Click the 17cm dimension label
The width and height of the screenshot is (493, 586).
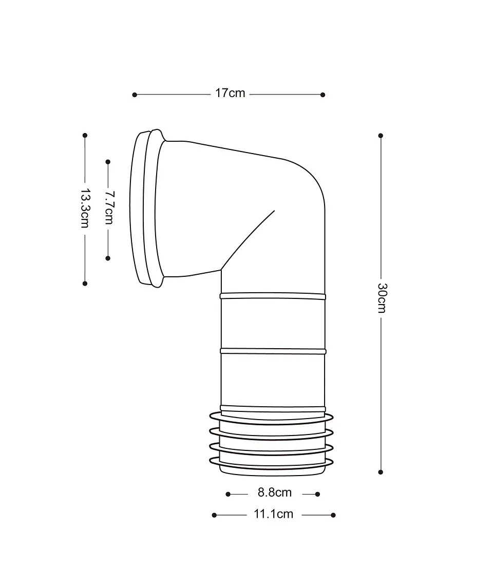click(230, 93)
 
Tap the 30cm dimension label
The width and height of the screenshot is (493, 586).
click(382, 298)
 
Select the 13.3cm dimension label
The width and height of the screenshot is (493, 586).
click(85, 208)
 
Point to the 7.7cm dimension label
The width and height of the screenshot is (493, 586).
click(109, 208)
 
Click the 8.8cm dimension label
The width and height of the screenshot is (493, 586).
click(275, 493)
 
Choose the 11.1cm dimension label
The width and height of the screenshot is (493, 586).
click(274, 514)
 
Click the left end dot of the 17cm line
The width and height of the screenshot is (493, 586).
click(135, 95)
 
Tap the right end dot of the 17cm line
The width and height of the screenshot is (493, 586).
click(323, 95)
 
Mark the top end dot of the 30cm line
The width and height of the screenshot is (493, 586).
click(381, 136)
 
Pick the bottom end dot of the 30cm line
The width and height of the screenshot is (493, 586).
click(381, 472)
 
